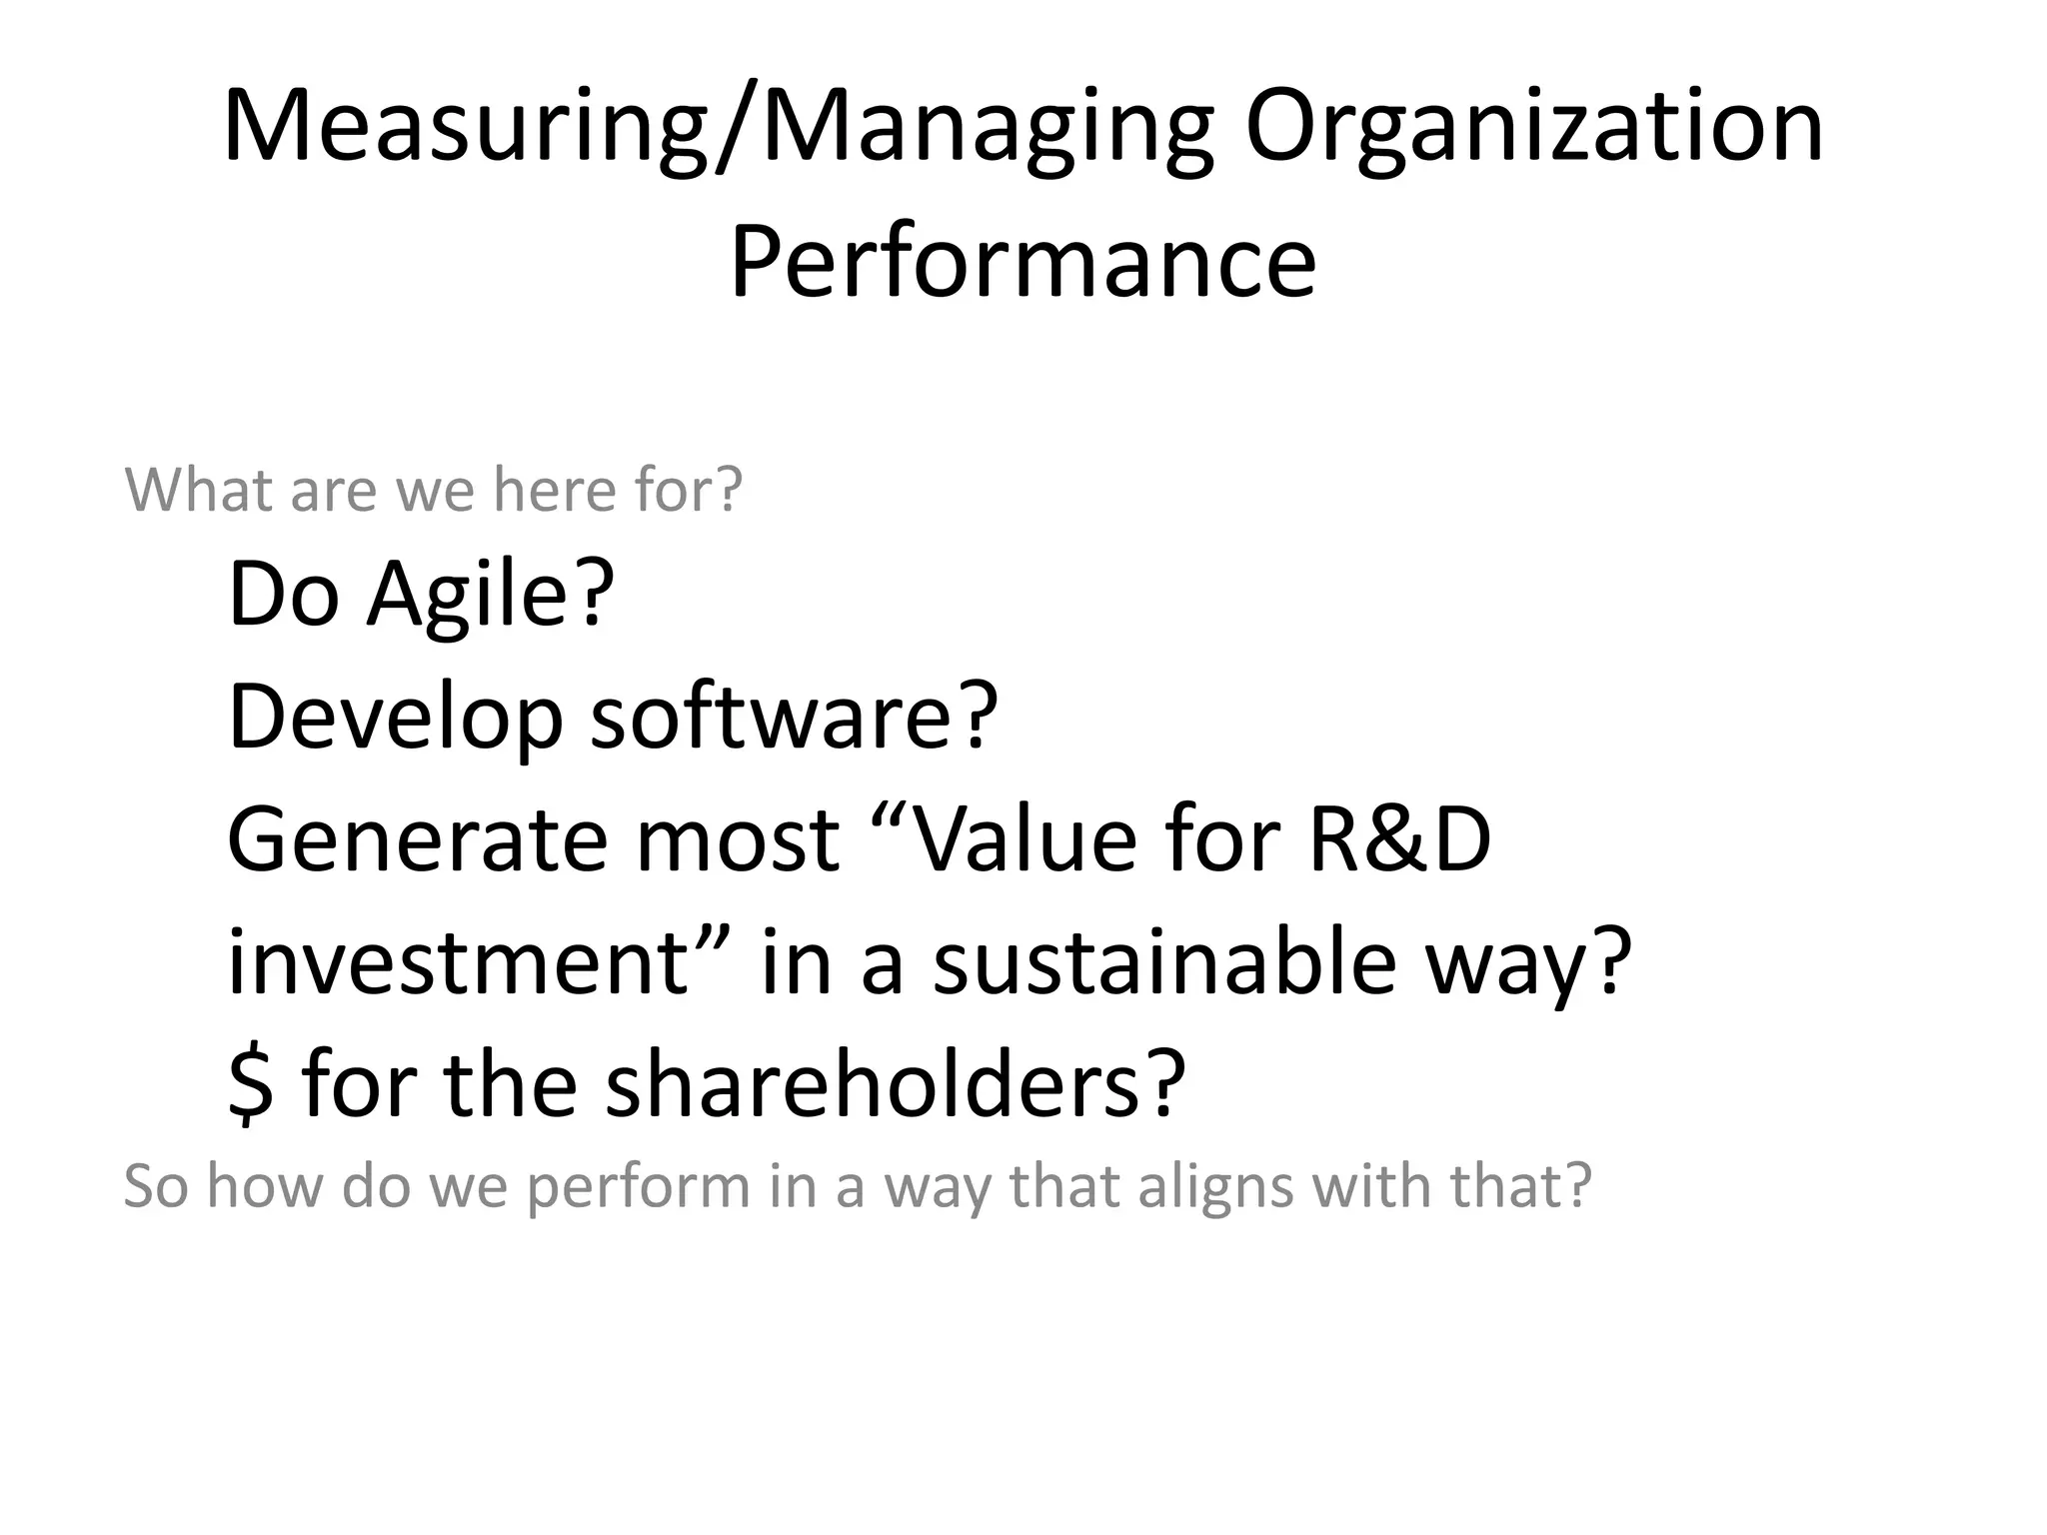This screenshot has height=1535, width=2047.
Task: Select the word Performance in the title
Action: [x=1023, y=263]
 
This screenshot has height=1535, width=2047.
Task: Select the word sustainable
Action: [x=1163, y=961]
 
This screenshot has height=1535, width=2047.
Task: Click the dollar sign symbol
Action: [x=250, y=1085]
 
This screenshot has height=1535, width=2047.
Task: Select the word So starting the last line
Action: [x=156, y=1187]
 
